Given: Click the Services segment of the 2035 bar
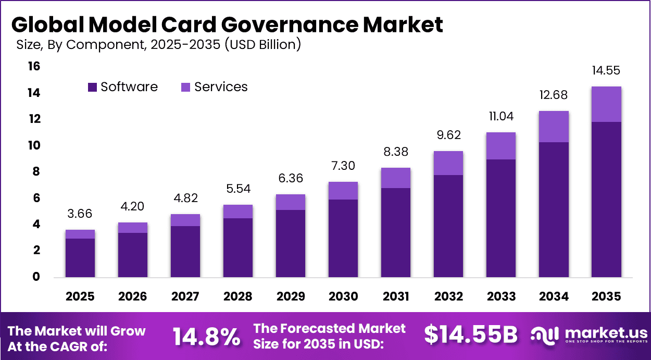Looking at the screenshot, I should click(606, 104).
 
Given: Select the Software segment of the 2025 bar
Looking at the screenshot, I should click(80, 257).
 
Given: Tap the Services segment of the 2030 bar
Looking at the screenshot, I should click(343, 191).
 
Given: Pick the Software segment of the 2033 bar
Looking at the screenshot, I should click(501, 218).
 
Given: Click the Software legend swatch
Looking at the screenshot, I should click(93, 88).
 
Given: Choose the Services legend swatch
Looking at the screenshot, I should click(186, 88).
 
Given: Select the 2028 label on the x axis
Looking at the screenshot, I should click(238, 296).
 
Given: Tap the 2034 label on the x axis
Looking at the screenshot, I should click(554, 296).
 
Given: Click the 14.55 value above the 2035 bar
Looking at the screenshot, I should click(606, 71).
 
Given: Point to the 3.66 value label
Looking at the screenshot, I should click(80, 214).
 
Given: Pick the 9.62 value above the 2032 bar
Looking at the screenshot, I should click(448, 135).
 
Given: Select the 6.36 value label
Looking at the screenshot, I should click(291, 179).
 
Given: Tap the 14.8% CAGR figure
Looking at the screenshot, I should click(206, 337).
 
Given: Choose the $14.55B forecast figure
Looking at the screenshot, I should click(470, 335).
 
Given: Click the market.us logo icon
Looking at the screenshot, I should click(544, 336).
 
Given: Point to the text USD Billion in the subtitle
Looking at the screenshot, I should click(262, 45).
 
